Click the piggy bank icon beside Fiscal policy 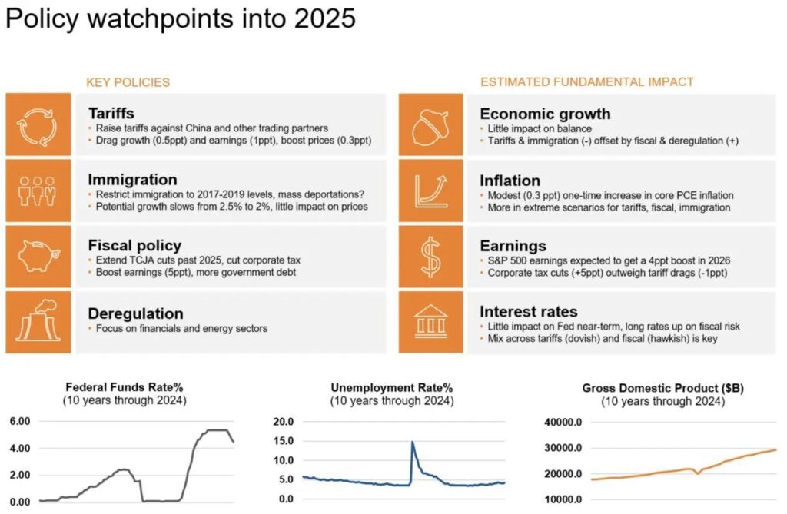[38, 256]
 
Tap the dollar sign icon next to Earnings [430, 257]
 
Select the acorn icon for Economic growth [430, 125]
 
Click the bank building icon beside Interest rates [430, 322]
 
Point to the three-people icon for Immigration [37, 191]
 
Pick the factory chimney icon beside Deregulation [38, 320]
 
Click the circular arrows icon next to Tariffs [37, 125]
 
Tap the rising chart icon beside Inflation [430, 191]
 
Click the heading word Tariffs [111, 114]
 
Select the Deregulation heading [135, 313]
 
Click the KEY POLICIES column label [128, 82]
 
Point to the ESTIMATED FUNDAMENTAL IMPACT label [586, 81]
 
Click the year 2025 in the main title [325, 18]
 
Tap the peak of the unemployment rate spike [412, 443]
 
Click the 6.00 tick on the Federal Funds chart [20, 421]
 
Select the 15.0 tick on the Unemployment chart [283, 441]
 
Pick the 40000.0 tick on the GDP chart [563, 422]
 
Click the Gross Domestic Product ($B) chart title [662, 388]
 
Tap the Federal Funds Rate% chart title [125, 387]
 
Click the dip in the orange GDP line [698, 473]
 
